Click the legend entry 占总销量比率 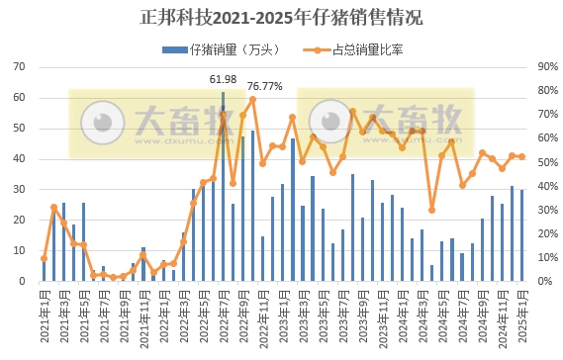click(354, 46)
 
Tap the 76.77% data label click(264, 86)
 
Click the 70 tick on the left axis click(20, 66)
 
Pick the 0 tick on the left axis click(23, 281)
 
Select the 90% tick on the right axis click(545, 66)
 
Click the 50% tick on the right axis click(545, 162)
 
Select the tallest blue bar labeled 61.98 click(223, 188)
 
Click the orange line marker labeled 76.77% click(252, 99)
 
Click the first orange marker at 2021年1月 click(44, 258)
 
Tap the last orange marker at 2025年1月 click(521, 156)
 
